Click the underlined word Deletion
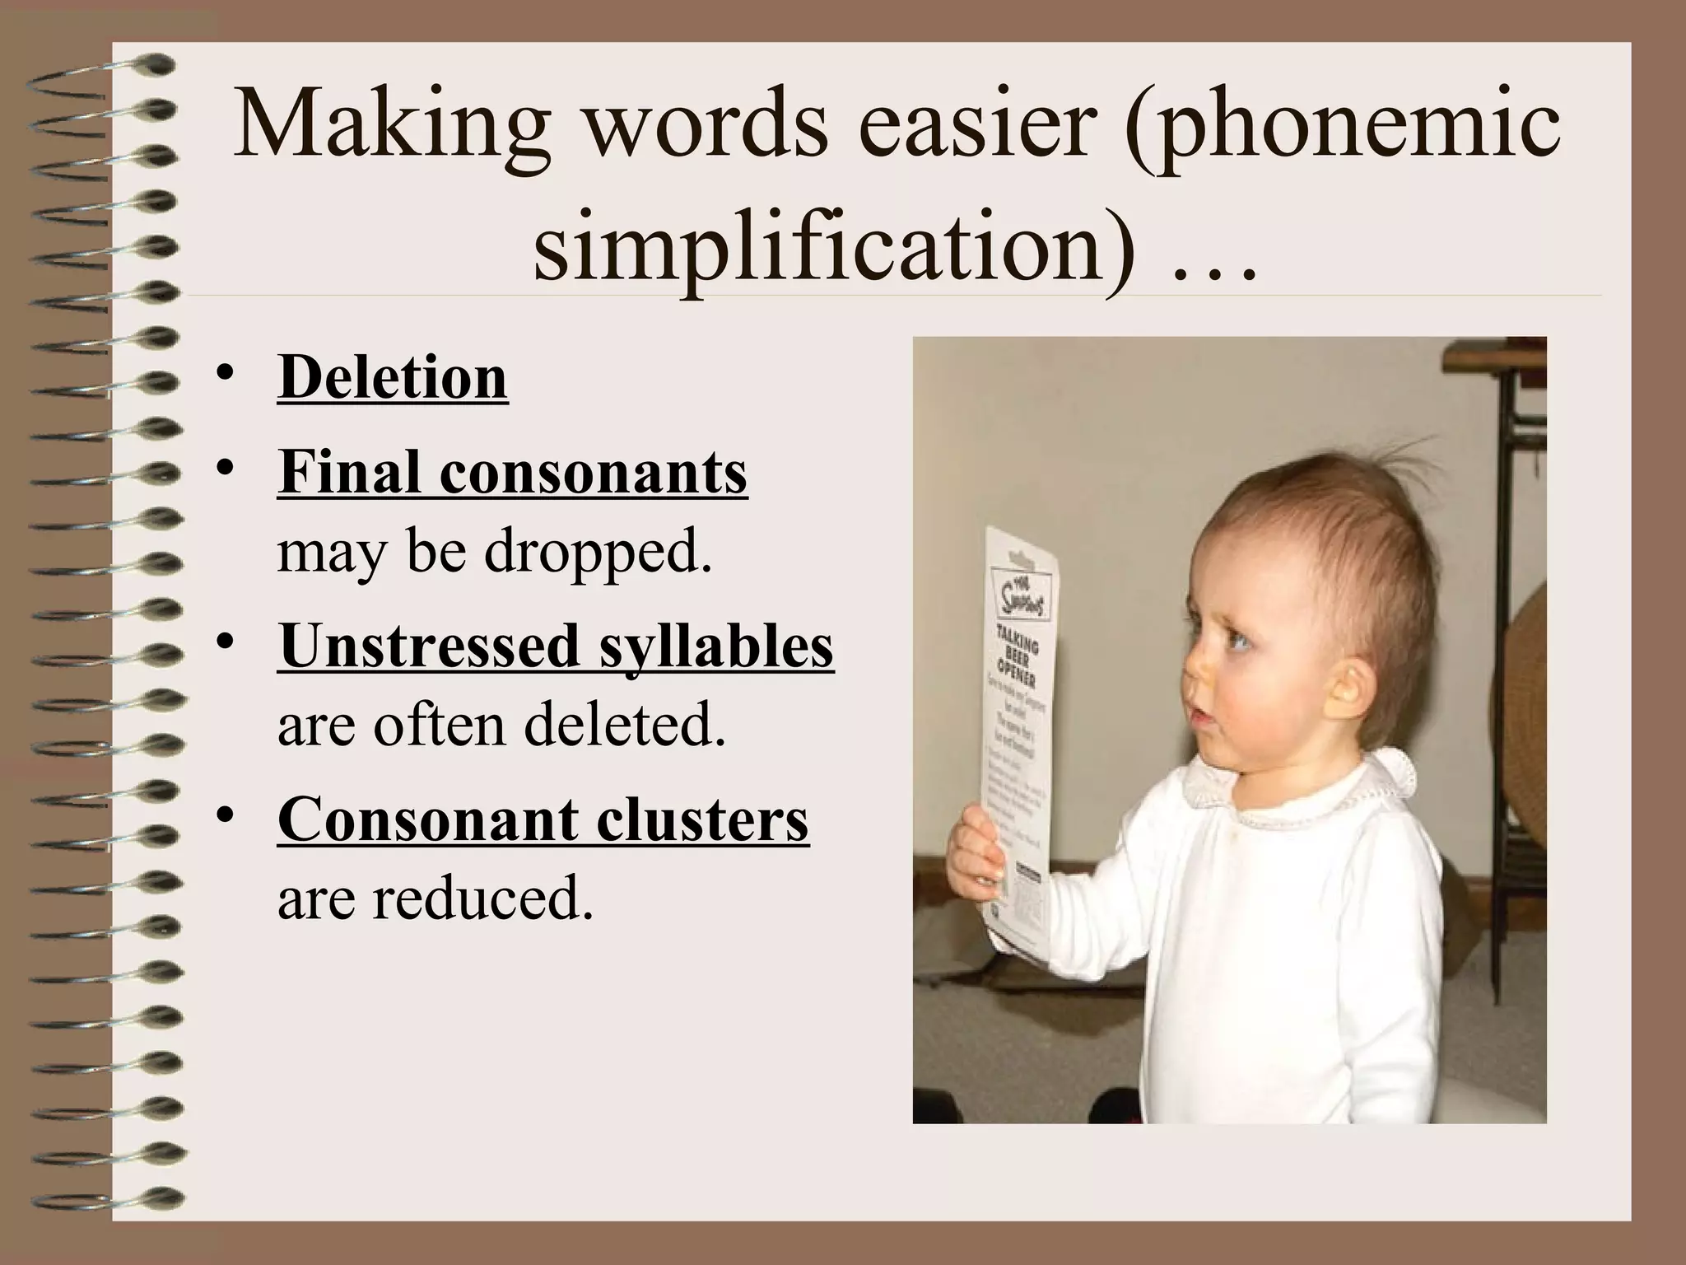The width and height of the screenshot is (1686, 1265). tap(393, 377)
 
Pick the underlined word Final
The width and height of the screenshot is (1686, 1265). tap(350, 473)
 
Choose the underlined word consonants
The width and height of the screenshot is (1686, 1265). tap(594, 473)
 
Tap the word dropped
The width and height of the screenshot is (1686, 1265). tap(598, 552)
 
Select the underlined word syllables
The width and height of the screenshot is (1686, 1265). tap(716, 646)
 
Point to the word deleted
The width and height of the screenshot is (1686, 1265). tap(625, 725)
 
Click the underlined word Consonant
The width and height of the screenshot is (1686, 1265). tap(428, 819)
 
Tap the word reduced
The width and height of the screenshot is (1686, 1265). tap(482, 898)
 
